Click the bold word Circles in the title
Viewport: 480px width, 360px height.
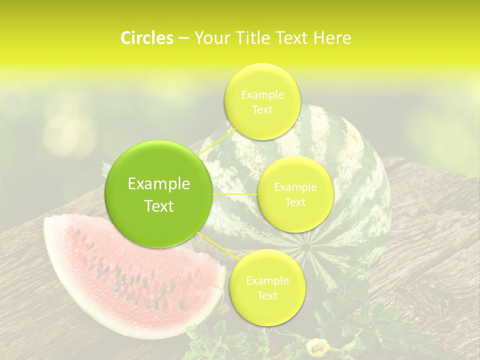[146, 38]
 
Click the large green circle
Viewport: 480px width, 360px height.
[158, 194]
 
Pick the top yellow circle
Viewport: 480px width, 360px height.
[262, 101]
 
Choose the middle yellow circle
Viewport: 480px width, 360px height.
[295, 194]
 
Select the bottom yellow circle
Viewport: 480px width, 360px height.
[267, 288]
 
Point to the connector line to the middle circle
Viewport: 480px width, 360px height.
[235, 194]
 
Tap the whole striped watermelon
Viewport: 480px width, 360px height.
[345, 200]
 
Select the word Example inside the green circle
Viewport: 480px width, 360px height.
[158, 184]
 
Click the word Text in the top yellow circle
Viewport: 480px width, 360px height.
[262, 110]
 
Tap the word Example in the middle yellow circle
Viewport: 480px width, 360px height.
[295, 187]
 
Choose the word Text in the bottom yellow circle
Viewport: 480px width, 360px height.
[267, 296]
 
